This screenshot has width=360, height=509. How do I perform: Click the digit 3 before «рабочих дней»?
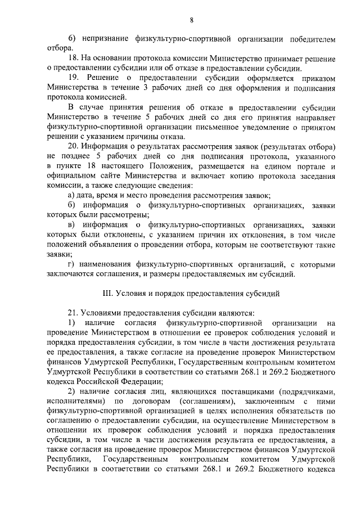click(x=146, y=87)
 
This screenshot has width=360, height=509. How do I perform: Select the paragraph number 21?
click(x=73, y=313)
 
